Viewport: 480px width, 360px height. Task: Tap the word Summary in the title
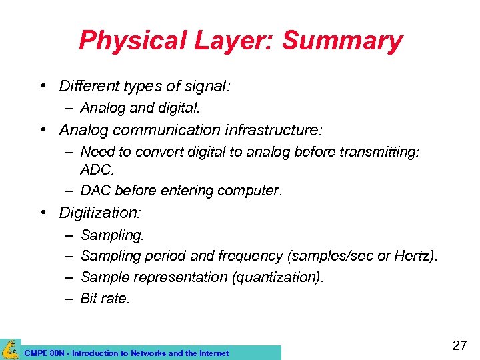[x=342, y=41]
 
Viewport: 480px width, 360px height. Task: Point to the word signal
[x=205, y=86]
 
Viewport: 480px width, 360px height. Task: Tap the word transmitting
[x=379, y=153]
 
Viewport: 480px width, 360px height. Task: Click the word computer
[x=251, y=191]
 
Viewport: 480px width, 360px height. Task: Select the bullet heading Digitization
[x=99, y=213]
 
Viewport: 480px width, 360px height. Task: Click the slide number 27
[x=459, y=345]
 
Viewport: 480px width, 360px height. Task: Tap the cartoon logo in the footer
[x=10, y=349]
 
